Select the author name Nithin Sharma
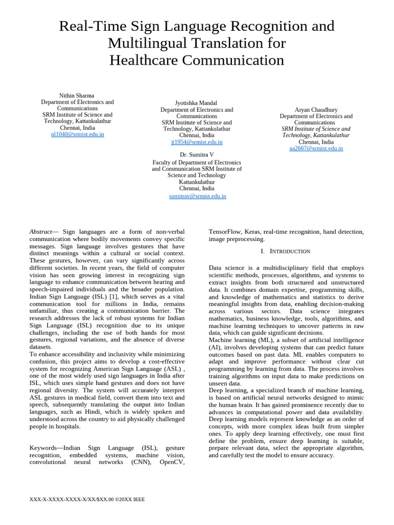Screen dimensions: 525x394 (x=77, y=95)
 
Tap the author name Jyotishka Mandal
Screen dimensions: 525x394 (x=196, y=103)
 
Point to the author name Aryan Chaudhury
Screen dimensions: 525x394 (x=316, y=110)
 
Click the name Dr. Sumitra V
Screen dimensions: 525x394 (x=196, y=154)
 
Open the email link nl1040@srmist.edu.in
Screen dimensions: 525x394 (x=77, y=134)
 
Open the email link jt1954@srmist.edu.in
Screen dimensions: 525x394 (x=196, y=142)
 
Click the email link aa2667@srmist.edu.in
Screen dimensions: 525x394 (x=316, y=148)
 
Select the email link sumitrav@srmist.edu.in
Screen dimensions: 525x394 (x=197, y=196)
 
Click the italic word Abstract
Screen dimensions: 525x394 (x=41, y=232)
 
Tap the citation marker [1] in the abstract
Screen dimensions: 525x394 (x=112, y=296)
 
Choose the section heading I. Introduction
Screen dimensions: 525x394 (x=286, y=251)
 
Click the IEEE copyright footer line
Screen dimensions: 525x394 (x=87, y=499)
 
